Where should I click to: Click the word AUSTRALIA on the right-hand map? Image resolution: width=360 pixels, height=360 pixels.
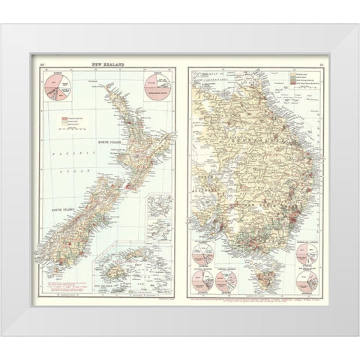coord(207,192)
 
